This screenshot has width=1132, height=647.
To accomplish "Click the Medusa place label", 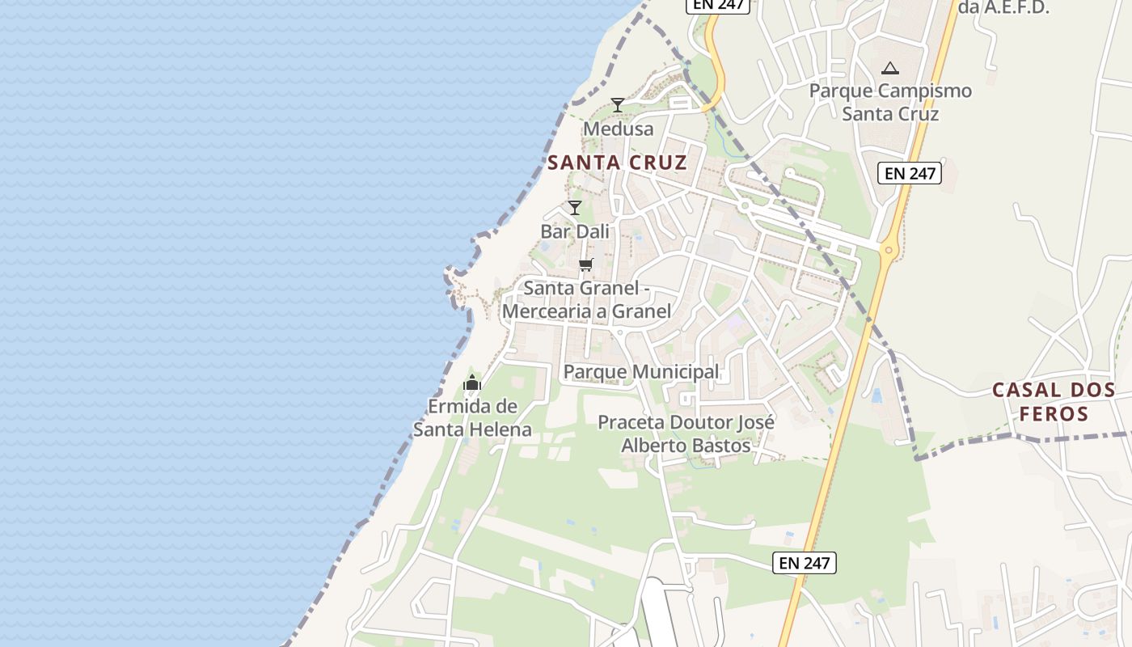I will coord(618,129).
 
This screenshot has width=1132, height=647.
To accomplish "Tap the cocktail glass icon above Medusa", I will coord(617,105).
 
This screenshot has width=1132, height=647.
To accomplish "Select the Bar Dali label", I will coord(575,231).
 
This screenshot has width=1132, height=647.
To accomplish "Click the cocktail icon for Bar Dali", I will coord(575,208).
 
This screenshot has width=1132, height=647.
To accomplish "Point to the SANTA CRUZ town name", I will coord(617,163).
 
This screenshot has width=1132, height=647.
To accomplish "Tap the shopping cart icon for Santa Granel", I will coord(586,264).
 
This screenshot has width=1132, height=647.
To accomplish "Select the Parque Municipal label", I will coord(640,371).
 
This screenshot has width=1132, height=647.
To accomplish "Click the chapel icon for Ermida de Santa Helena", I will coord(472,383).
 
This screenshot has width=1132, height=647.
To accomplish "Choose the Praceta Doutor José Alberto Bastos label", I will coord(686,433).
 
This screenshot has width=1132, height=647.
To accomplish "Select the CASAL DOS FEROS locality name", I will coord(1054,402).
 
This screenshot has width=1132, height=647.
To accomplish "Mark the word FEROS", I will coord(1054,415).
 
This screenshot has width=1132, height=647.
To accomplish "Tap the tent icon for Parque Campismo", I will coord(890,69).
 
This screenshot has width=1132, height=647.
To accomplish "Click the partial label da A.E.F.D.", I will coord(1003,8).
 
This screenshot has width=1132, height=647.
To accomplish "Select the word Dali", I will coord(593,231).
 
